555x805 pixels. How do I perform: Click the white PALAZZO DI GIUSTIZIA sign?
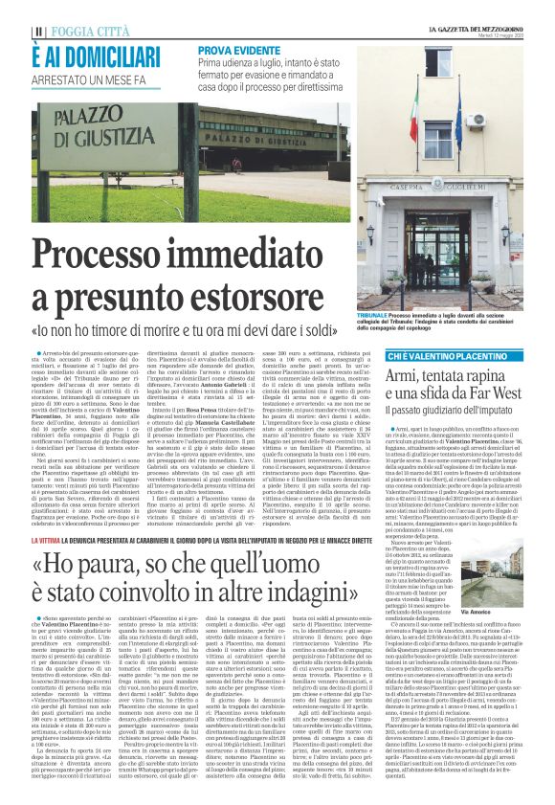[x=85, y=126]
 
